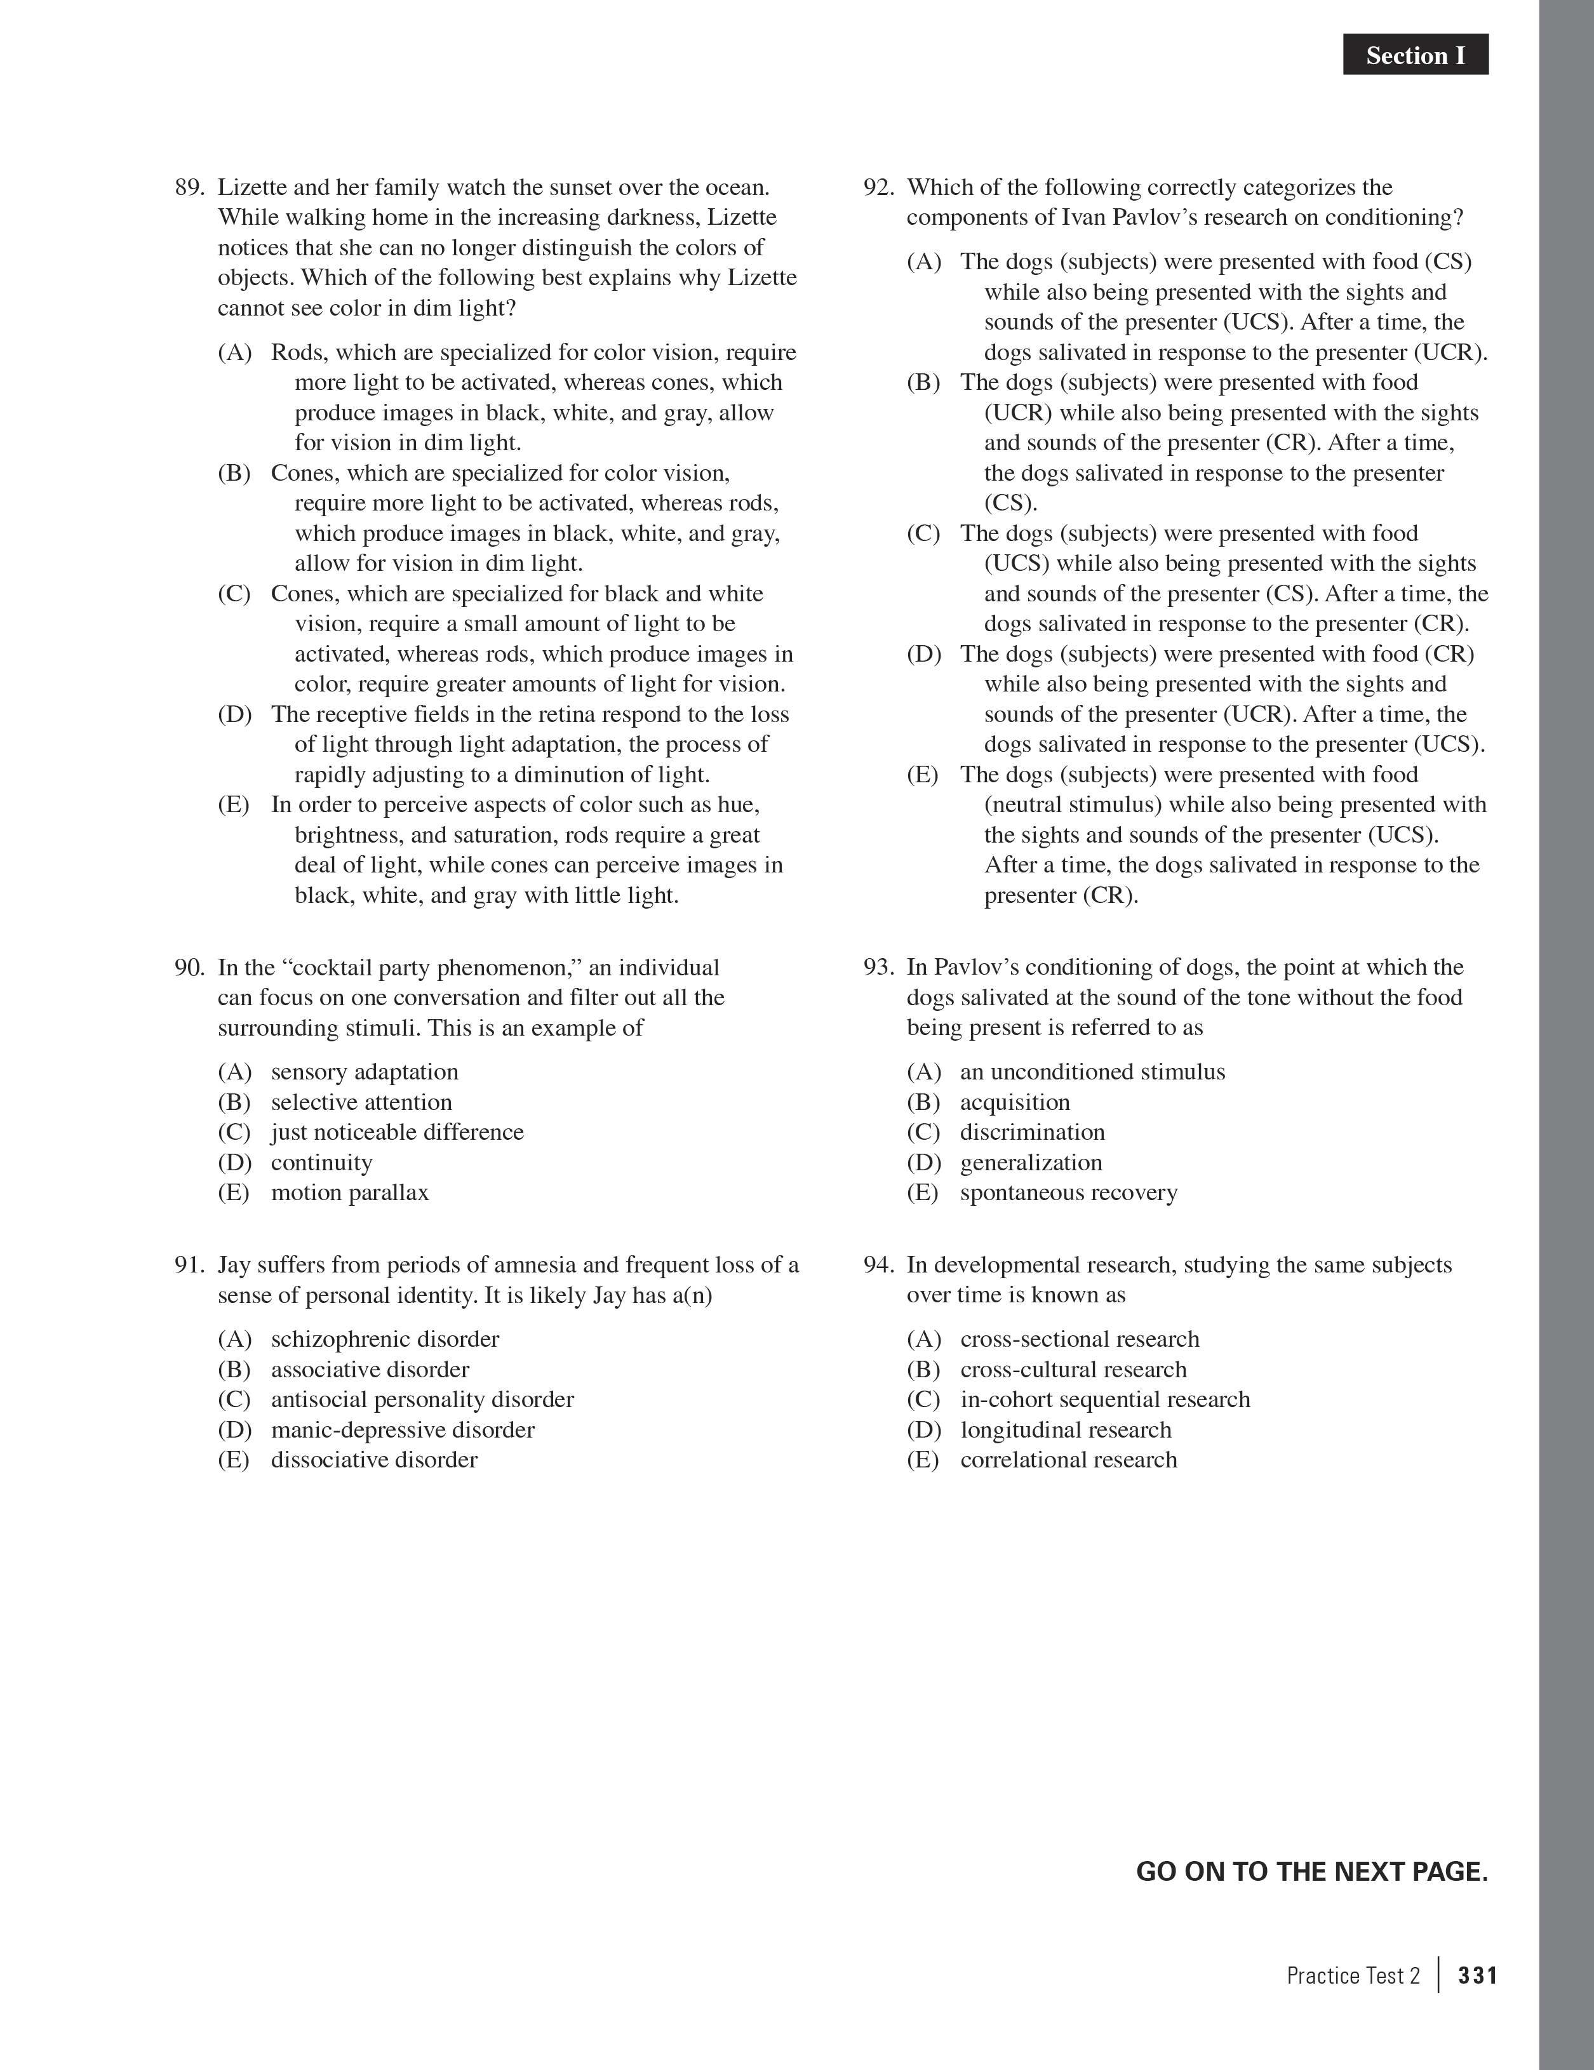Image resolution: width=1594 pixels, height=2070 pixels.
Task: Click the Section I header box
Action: (1415, 55)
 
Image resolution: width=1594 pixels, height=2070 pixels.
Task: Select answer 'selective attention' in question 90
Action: (361, 1102)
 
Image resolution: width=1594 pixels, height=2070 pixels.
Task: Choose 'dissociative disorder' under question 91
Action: (373, 1460)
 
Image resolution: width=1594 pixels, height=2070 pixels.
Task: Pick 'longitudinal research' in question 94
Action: (1065, 1429)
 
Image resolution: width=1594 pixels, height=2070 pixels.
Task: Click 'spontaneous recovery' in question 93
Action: (1068, 1192)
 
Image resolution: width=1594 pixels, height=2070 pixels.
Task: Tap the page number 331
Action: (1477, 1975)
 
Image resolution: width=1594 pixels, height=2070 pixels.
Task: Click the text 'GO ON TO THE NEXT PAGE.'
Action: (1311, 1872)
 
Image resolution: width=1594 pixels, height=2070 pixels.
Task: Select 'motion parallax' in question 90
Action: (350, 1192)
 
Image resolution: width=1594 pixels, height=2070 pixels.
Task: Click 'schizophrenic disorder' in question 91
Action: (385, 1339)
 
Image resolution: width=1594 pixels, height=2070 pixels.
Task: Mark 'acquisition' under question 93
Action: (1015, 1102)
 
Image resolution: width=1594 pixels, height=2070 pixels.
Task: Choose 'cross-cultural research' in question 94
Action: (1073, 1370)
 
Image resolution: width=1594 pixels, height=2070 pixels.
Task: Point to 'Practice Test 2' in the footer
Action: (1353, 1975)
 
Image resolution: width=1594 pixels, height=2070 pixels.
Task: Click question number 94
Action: (878, 1265)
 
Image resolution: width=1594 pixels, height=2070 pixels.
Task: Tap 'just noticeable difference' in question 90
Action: (397, 1133)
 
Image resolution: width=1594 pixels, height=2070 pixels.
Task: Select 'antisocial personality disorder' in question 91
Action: (422, 1400)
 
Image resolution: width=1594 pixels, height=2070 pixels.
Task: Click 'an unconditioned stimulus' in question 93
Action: (1092, 1072)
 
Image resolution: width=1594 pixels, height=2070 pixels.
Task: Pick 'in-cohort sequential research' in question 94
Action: (1105, 1400)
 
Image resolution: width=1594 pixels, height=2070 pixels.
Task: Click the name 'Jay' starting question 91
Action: (233, 1265)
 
